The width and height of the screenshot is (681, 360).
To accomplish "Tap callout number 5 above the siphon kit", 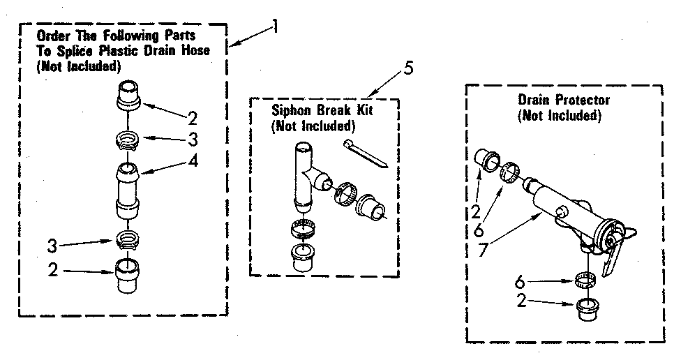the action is pos(409,68).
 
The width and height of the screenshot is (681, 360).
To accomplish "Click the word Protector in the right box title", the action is pos(583,100).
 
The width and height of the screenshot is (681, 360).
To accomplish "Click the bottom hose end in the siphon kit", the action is pos(305,256).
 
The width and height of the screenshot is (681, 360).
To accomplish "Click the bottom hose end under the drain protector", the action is pos(587,309).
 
